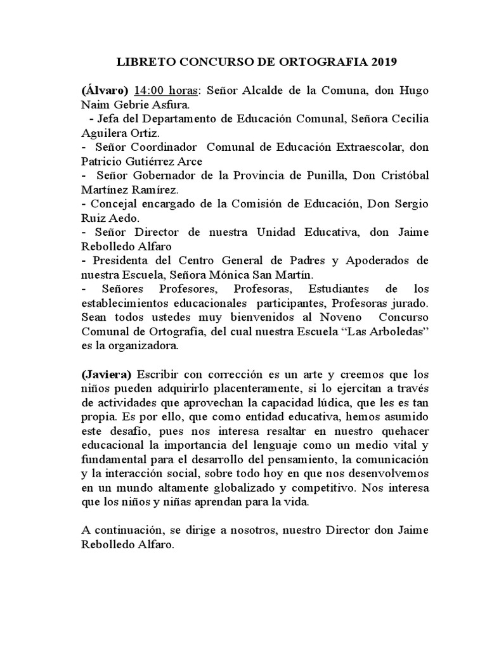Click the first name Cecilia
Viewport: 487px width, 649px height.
tap(406, 118)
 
